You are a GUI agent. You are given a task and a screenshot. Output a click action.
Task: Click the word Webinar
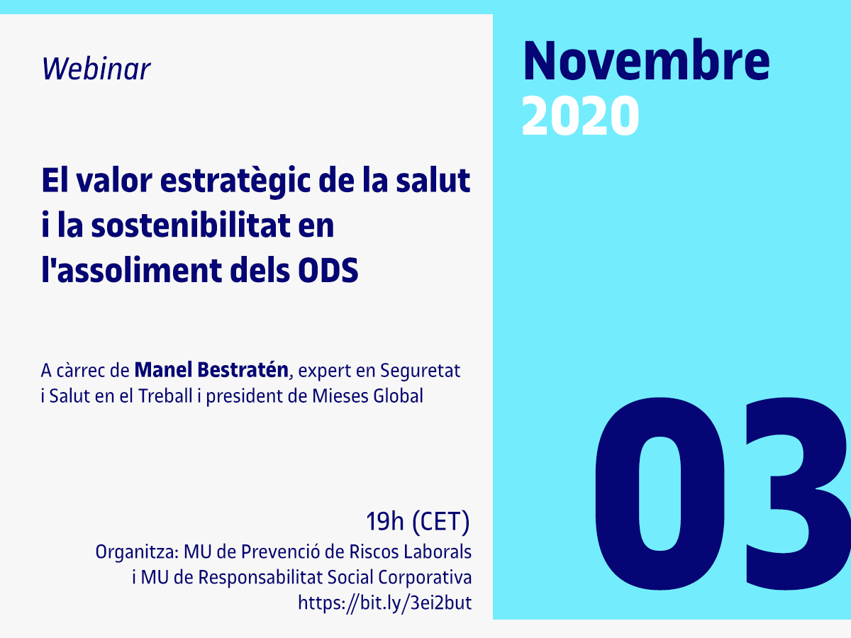pyautogui.click(x=96, y=69)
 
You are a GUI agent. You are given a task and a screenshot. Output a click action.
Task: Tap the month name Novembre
pyautogui.click(x=646, y=62)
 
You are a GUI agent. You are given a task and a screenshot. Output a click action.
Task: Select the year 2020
pyautogui.click(x=580, y=116)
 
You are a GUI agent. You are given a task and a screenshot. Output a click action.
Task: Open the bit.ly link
pyautogui.click(x=384, y=603)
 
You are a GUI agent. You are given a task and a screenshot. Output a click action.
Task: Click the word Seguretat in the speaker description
pyautogui.click(x=421, y=370)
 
